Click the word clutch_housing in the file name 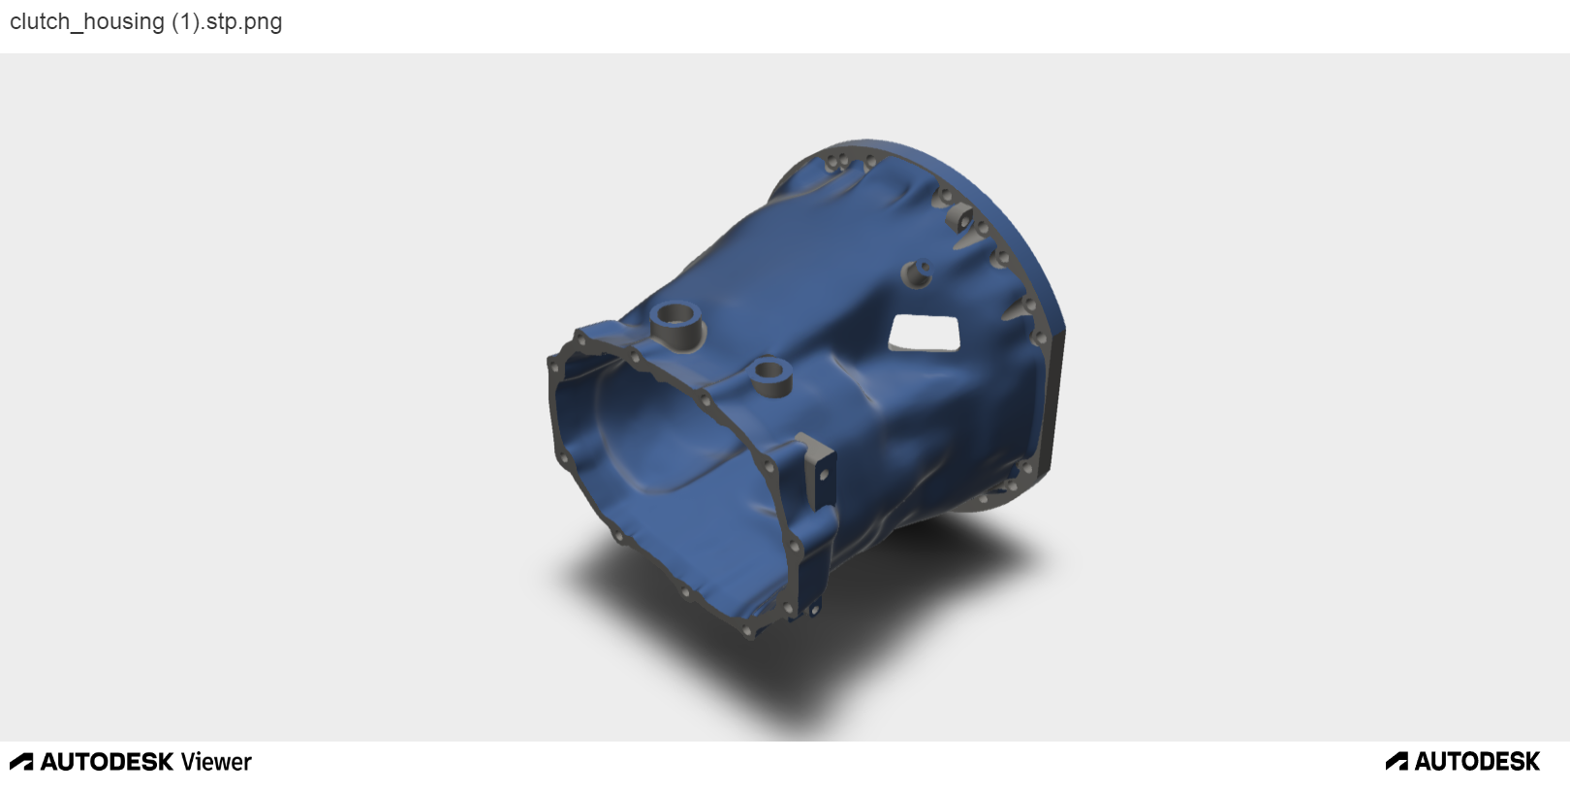click(x=87, y=21)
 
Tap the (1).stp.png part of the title click(x=227, y=21)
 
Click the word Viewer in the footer click(x=216, y=762)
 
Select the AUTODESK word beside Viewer click(x=107, y=762)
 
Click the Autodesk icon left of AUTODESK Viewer click(x=21, y=762)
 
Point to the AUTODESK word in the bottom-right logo click(x=1478, y=761)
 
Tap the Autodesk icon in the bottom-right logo click(x=1397, y=761)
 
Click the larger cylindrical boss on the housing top click(x=675, y=326)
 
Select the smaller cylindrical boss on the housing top click(x=770, y=376)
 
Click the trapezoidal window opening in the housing click(x=924, y=333)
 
